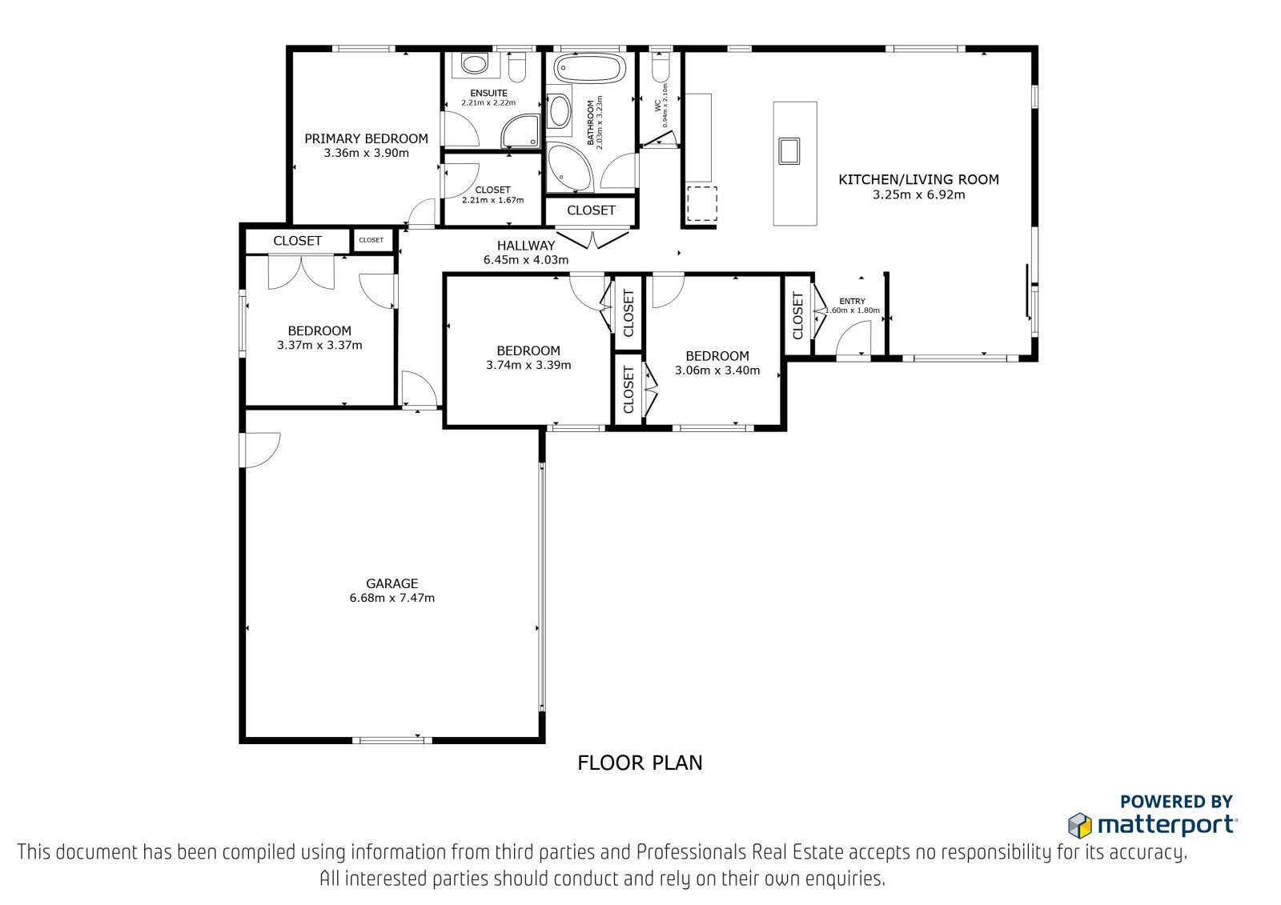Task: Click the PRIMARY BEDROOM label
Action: tap(366, 138)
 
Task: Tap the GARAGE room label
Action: tap(392, 583)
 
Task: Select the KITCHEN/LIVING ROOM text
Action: tap(918, 179)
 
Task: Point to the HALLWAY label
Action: tap(525, 246)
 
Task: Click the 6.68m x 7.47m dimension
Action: tap(392, 598)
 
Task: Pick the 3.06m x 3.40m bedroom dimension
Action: tap(717, 370)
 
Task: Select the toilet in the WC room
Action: tap(660, 67)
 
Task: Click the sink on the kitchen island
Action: tap(789, 151)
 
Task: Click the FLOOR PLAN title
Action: tap(640, 763)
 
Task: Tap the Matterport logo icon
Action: tap(1080, 825)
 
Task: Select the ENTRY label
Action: tap(852, 302)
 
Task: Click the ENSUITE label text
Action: tap(488, 93)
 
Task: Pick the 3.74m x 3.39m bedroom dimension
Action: tap(528, 366)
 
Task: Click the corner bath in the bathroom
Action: tap(570, 167)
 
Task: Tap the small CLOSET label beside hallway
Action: tap(371, 240)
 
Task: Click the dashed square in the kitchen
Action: tap(701, 203)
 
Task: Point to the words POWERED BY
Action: tap(1176, 802)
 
